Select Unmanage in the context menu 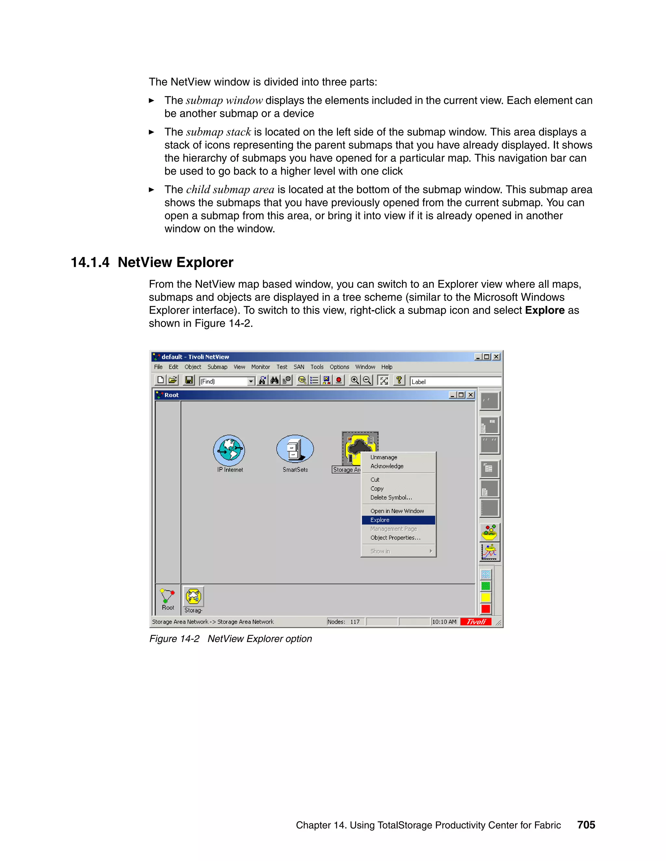click(383, 457)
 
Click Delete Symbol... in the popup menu click(391, 497)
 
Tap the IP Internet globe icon click(229, 451)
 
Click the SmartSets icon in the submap click(295, 449)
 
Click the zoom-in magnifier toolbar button click(355, 380)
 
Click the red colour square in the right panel click(486, 609)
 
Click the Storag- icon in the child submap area click(193, 597)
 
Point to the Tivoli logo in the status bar click(476, 622)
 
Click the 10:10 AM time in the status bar click(444, 622)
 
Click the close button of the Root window click(470, 395)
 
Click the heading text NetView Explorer click(175, 263)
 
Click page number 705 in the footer click(586, 825)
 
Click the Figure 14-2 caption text click(231, 639)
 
